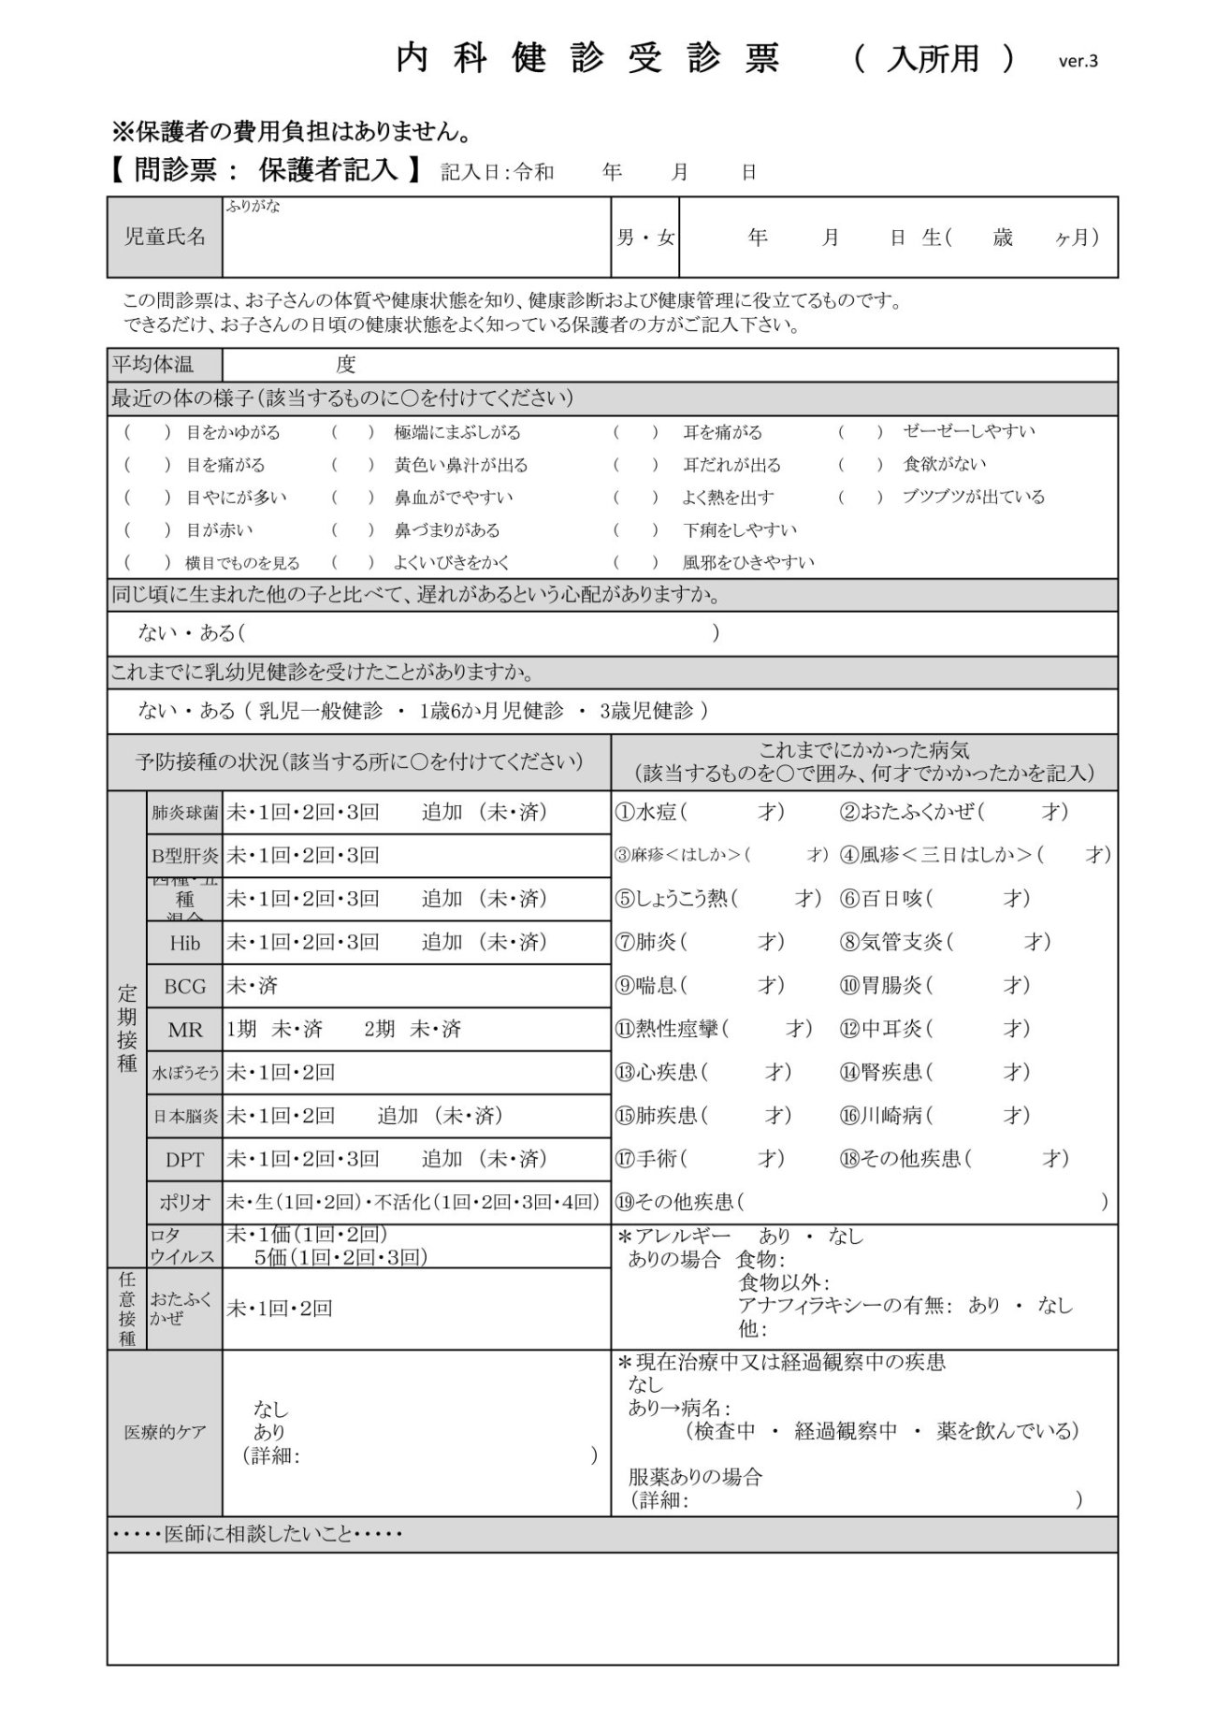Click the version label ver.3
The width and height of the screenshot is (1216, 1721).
tap(1078, 62)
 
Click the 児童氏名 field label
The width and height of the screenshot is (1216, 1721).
tap(166, 237)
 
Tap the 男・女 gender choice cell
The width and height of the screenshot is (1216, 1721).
tap(644, 238)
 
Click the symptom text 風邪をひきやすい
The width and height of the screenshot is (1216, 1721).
tap(748, 562)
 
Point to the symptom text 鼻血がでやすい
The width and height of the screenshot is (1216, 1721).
tap(453, 498)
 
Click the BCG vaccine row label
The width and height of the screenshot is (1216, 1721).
tap(184, 986)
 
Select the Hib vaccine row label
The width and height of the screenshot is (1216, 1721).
tap(184, 943)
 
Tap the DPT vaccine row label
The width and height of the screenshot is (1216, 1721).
tap(184, 1160)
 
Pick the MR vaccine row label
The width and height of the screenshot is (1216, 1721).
tap(184, 1030)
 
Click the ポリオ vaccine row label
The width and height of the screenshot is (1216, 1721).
tap(184, 1203)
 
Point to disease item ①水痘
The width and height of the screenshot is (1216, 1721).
tap(646, 812)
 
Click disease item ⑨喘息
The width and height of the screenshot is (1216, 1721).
tap(646, 985)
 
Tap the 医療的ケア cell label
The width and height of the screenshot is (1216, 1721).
tap(165, 1432)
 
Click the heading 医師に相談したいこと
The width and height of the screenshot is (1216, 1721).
tap(256, 1535)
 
